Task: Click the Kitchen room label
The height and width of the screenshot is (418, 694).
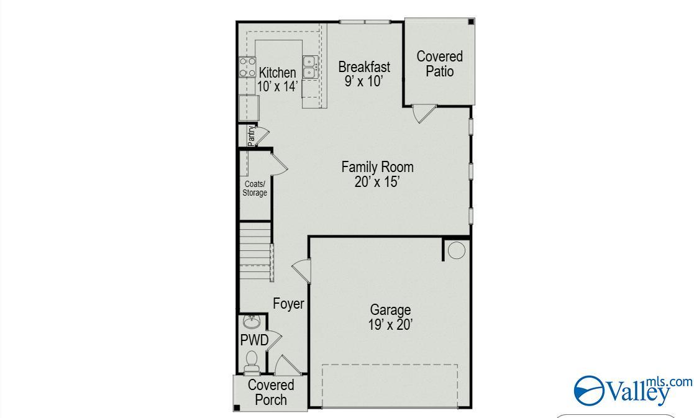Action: pos(278,73)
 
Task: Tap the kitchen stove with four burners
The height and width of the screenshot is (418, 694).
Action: pos(247,67)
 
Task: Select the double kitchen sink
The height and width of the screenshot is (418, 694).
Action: pos(310,67)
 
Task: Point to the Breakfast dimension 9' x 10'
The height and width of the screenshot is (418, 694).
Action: pos(363,81)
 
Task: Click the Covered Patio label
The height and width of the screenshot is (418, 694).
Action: pos(439,64)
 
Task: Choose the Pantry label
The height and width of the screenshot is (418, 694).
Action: pos(252,136)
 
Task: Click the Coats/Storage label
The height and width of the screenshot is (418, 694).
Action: pos(255,188)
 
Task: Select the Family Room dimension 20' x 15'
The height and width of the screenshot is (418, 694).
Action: pos(378,182)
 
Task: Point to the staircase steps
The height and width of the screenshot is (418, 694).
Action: pos(256,250)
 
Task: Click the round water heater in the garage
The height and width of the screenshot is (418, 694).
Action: pos(456,250)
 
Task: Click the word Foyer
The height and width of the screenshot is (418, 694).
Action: pos(288,304)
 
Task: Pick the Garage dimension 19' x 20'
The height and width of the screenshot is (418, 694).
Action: pos(390,325)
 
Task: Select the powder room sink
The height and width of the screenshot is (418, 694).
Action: pos(252,322)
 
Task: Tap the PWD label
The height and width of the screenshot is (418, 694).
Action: pos(255,340)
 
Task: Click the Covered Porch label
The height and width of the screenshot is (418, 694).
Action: pos(271,393)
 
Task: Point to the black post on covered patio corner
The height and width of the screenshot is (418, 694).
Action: pos(472,21)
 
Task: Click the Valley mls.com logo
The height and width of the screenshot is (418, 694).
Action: pos(633,390)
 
